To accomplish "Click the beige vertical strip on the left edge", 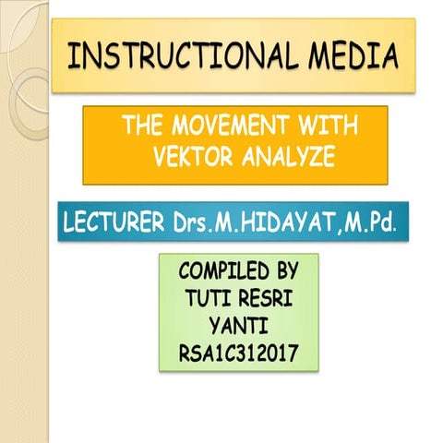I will (x=23, y=277).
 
